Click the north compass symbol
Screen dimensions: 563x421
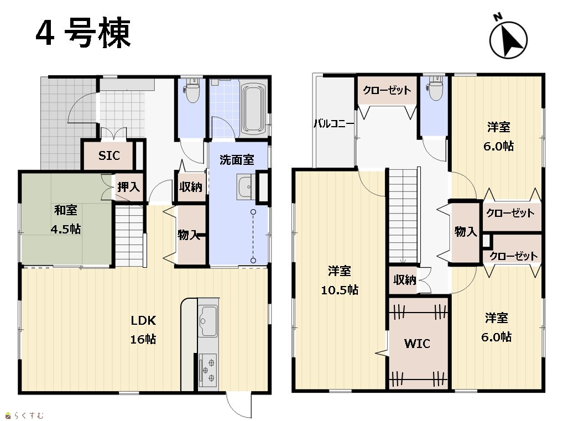(x=508, y=38)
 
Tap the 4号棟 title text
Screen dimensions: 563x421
(x=84, y=33)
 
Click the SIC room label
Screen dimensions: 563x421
(x=109, y=155)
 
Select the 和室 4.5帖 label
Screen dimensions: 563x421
(x=66, y=220)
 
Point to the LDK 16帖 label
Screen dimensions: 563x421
(x=143, y=330)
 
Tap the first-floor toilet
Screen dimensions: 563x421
(x=191, y=90)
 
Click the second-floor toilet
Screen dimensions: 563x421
(x=434, y=88)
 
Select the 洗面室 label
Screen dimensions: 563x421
(x=237, y=160)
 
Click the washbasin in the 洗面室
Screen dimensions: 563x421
(x=246, y=187)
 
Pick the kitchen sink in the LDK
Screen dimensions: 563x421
(x=207, y=321)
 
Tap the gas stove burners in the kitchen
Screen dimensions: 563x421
(x=207, y=369)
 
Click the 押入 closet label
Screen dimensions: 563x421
(x=128, y=187)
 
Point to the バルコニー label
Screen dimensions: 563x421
(x=334, y=124)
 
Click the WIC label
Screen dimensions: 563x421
(x=417, y=344)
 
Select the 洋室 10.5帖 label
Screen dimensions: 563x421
(x=340, y=280)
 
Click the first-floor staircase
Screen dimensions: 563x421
(x=129, y=236)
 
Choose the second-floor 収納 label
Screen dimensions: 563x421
(x=405, y=280)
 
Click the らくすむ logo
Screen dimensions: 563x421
(x=25, y=415)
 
